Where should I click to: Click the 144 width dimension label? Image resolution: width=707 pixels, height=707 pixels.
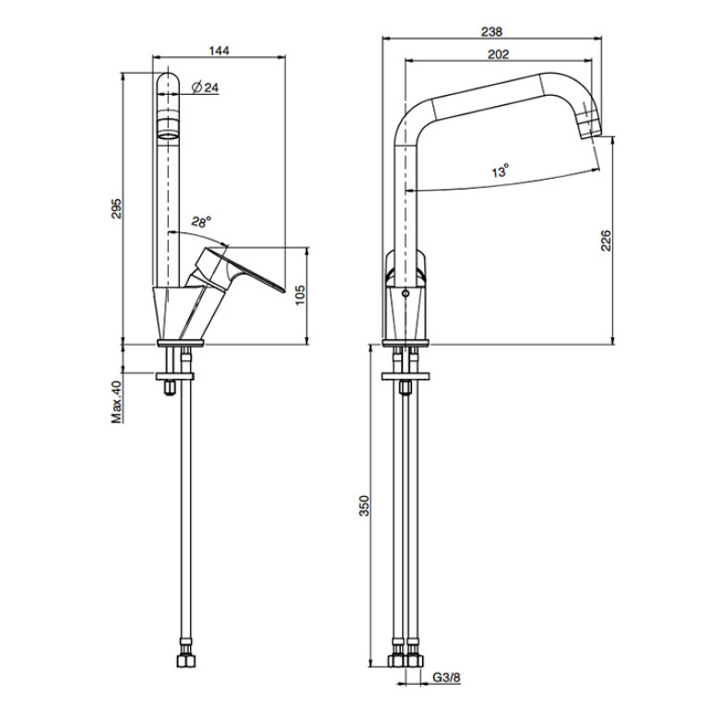[x=219, y=50]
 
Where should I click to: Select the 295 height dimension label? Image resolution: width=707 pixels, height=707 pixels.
[x=117, y=208]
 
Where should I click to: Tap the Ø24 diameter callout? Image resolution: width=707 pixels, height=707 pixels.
[x=206, y=88]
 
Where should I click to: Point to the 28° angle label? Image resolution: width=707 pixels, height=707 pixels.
[x=201, y=222]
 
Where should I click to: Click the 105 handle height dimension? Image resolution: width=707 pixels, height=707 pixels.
[x=300, y=294]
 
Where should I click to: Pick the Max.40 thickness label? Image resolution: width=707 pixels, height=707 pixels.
[x=117, y=402]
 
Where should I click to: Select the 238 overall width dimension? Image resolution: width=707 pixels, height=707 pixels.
[x=491, y=31]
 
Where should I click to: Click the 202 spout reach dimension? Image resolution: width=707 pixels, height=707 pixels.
[x=499, y=54]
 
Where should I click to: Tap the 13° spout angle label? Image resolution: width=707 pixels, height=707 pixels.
[x=500, y=171]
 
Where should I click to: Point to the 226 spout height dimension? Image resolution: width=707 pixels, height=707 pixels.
[x=606, y=241]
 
